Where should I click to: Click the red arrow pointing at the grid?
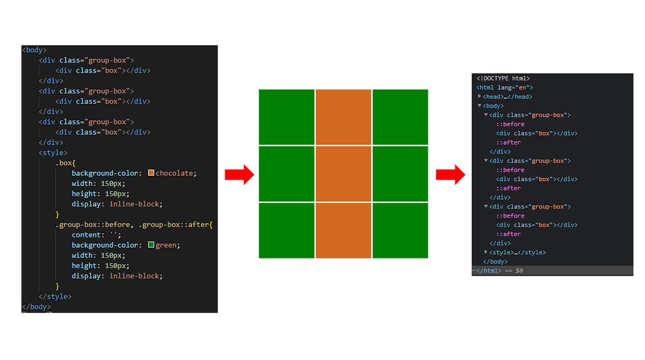tap(239, 174)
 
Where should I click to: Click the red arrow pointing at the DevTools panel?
tap(450, 174)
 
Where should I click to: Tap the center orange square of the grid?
tap(343, 174)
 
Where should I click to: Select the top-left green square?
tap(286, 117)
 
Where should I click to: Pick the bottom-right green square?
tap(400, 231)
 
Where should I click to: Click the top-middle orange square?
tap(343, 117)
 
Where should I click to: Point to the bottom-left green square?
tap(286, 231)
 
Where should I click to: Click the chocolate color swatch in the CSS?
tap(151, 173)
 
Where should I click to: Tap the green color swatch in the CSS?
tap(151, 245)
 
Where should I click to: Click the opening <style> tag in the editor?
tap(53, 153)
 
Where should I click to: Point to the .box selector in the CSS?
tap(65, 163)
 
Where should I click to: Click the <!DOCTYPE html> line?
tap(503, 78)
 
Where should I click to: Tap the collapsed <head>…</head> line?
tap(508, 97)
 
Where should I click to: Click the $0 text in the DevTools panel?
tap(519, 271)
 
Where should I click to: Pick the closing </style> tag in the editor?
tap(55, 297)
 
